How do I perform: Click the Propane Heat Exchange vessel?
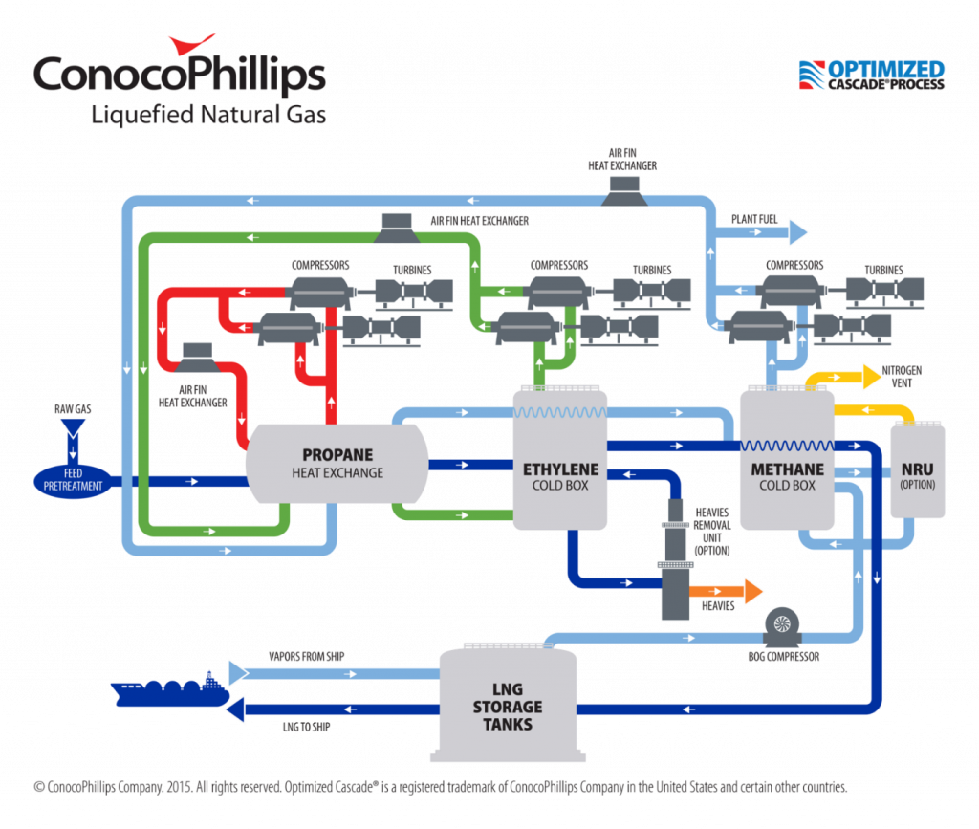pos(337,463)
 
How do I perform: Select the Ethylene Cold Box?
pos(560,469)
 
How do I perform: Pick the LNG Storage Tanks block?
pos(507,706)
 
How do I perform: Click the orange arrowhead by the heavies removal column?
pos(752,592)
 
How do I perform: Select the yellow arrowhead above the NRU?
pos(871,377)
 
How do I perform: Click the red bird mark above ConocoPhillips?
pos(192,44)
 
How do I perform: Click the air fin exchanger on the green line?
pos(396,228)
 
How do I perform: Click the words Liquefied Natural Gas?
pos(208,115)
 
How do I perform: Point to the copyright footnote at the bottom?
pos(440,786)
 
